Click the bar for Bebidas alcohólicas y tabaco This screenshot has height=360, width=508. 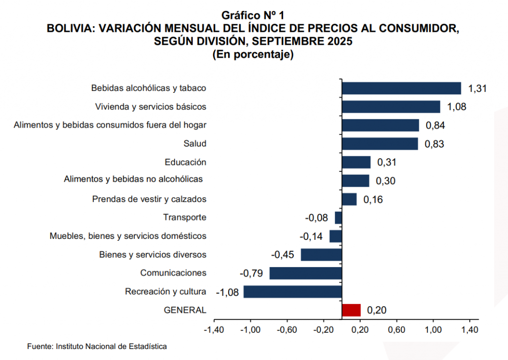pyautogui.click(x=401, y=88)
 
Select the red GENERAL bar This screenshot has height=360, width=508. pyautogui.click(x=351, y=310)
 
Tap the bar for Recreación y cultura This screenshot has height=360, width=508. pyautogui.click(x=293, y=291)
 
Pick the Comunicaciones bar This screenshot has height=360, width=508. pyautogui.click(x=306, y=273)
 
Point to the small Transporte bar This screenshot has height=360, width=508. pyautogui.click(x=338, y=217)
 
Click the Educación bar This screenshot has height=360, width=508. pyautogui.click(x=356, y=162)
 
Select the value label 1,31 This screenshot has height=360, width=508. pyautogui.click(x=478, y=89)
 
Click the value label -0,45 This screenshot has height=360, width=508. pyautogui.click(x=283, y=255)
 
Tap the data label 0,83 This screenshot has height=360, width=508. pyautogui.click(x=434, y=144)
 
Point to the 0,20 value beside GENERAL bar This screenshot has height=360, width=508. pyautogui.click(x=377, y=310)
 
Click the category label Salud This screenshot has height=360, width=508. pyautogui.click(x=194, y=144)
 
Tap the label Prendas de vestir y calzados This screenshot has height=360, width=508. pyautogui.click(x=149, y=199)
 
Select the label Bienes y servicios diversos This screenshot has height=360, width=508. pyautogui.click(x=153, y=255)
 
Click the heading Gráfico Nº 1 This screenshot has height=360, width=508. pyautogui.click(x=253, y=15)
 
